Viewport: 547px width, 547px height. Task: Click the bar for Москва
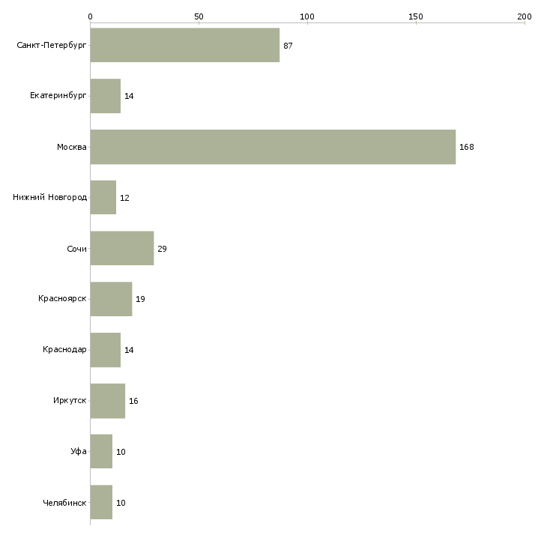coord(273,147)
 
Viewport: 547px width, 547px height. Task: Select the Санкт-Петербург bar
coord(185,45)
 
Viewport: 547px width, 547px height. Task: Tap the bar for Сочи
coord(122,248)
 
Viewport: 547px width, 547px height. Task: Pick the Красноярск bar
coord(112,299)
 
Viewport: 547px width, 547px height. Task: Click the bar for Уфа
coord(101,451)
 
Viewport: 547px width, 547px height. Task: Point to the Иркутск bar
coord(108,401)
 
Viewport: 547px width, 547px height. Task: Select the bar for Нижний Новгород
coord(103,197)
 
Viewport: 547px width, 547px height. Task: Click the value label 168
coord(466,147)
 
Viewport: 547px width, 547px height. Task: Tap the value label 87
coord(288,46)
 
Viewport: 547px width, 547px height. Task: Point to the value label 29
coord(162,249)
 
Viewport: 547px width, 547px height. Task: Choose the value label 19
coord(140,299)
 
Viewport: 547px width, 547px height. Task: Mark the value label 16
coord(133,401)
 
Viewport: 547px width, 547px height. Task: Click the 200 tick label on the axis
coord(525,16)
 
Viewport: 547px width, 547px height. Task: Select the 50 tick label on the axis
coord(199,16)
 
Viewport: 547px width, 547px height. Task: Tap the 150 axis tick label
coord(415,16)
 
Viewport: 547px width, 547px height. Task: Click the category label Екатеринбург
coord(58,96)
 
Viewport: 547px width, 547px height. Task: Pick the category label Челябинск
coord(64,503)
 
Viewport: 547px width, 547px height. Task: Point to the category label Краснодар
coord(64,349)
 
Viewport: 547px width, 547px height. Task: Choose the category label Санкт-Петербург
coord(52,46)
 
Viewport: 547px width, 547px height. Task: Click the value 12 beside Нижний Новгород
coord(124,198)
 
